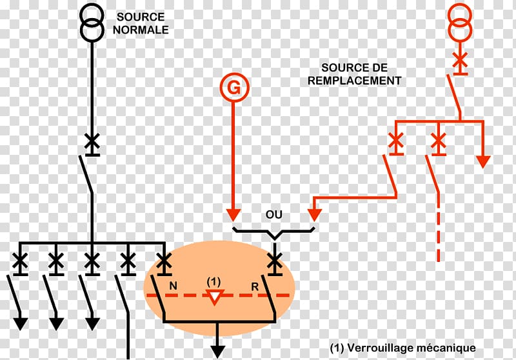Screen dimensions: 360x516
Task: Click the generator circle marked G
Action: click(233, 88)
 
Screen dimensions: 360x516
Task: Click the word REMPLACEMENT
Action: click(354, 81)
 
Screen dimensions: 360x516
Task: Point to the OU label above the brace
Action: click(274, 214)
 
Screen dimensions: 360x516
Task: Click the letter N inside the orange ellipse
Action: click(173, 285)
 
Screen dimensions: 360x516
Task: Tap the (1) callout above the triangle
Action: click(213, 282)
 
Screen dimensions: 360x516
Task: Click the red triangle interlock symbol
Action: click(214, 297)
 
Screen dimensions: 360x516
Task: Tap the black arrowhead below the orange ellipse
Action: click(218, 350)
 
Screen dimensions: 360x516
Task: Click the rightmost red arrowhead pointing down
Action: click(482, 161)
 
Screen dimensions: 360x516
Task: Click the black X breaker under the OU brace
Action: click(275, 259)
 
